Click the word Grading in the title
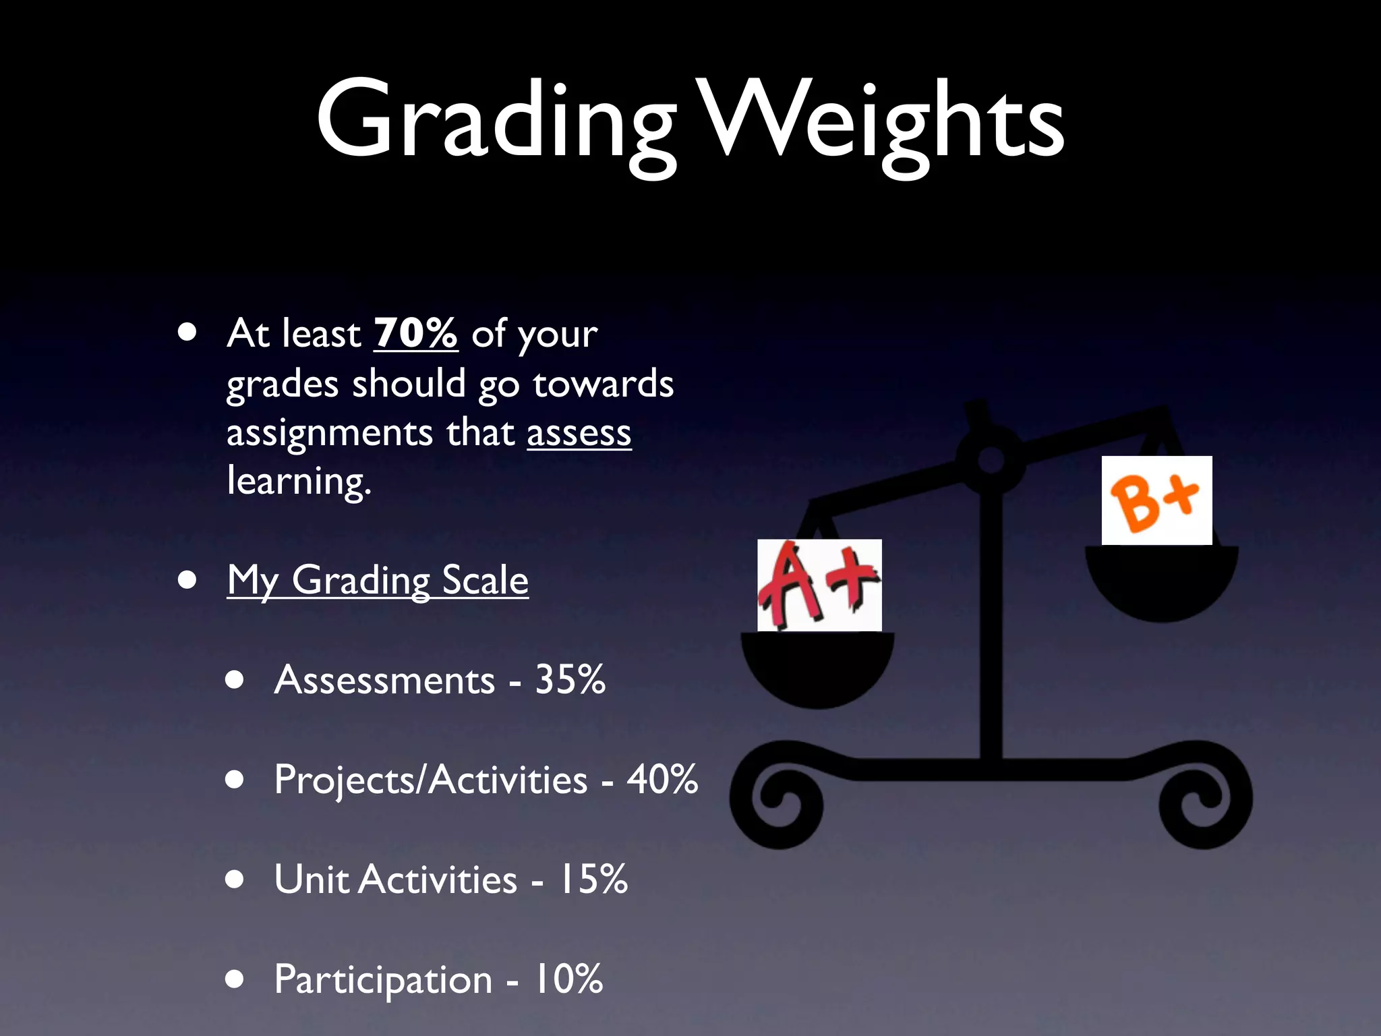click(x=496, y=121)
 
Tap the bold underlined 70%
click(x=415, y=333)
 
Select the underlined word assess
click(x=579, y=432)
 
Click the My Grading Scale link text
click(x=378, y=580)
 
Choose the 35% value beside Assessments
click(x=570, y=679)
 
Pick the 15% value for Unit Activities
click(x=593, y=879)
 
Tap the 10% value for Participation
click(x=568, y=979)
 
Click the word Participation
click(x=383, y=979)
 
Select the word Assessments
click(x=384, y=680)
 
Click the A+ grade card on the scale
click(x=819, y=585)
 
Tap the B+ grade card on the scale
click(x=1156, y=500)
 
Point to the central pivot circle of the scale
click(x=991, y=461)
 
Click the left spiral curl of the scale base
click(x=775, y=799)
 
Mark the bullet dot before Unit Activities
click(x=235, y=879)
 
